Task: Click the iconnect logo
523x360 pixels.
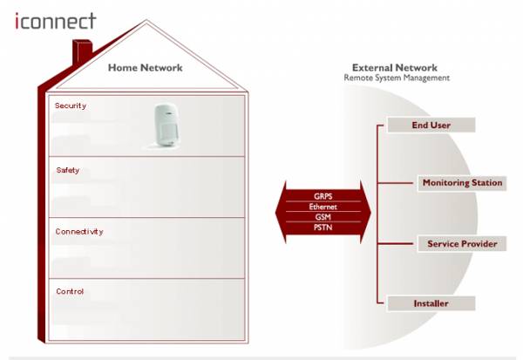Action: point(56,21)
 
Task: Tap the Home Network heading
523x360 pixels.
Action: point(145,68)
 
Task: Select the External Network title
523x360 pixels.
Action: point(395,68)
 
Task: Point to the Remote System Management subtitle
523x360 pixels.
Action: point(397,78)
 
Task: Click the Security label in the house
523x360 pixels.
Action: point(71,105)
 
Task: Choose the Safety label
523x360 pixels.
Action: point(68,170)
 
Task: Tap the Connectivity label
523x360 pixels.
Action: point(79,232)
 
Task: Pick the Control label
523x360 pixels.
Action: point(70,291)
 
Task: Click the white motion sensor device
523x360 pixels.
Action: point(166,126)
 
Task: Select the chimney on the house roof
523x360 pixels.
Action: point(82,51)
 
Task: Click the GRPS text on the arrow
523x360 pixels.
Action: point(323,196)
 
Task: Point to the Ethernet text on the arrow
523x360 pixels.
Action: point(323,207)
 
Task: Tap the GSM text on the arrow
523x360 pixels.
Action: point(323,217)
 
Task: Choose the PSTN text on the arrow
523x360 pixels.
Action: point(323,228)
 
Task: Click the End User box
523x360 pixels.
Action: point(431,126)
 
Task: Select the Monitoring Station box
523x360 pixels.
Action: point(462,183)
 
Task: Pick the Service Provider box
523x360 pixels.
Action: point(462,244)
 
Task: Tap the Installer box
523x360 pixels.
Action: point(431,303)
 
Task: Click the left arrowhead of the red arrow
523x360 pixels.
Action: point(281,212)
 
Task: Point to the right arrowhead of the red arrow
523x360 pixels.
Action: point(365,212)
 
